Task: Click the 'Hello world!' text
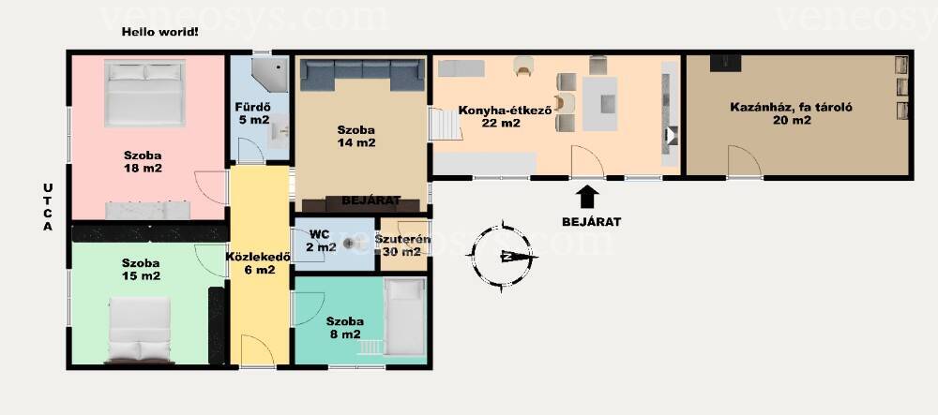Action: (x=159, y=32)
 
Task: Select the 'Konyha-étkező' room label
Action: (x=506, y=110)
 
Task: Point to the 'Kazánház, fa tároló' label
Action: (x=791, y=108)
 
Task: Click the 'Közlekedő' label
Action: (x=258, y=258)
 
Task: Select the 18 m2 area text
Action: (x=142, y=169)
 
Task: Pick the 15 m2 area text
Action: (x=142, y=275)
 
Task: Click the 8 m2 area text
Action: (x=345, y=334)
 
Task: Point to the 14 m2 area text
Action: (x=356, y=142)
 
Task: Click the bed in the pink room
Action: (x=144, y=93)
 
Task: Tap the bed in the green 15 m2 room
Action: (x=140, y=330)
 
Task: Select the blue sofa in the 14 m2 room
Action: (x=362, y=75)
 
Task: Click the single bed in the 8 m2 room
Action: (x=405, y=317)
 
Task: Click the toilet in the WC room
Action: (x=351, y=245)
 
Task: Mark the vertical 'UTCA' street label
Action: (x=48, y=207)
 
